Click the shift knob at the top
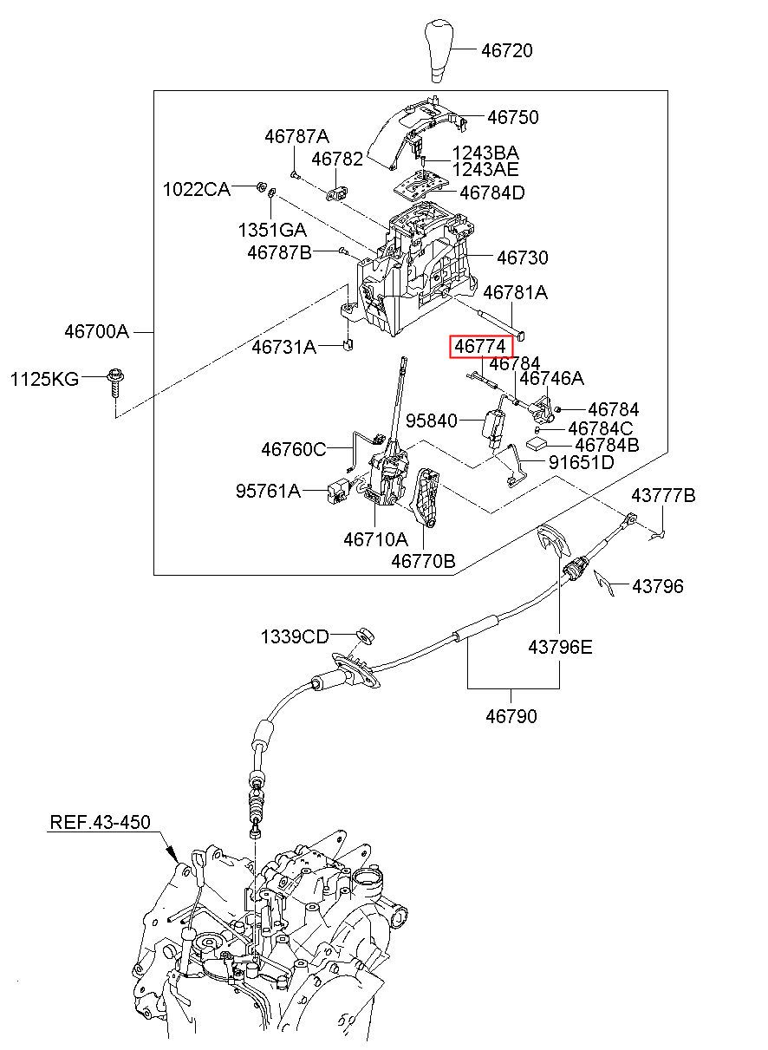[x=437, y=50]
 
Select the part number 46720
[x=507, y=50]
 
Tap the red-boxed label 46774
[x=481, y=347]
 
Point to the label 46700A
[x=96, y=332]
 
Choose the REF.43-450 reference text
[x=101, y=822]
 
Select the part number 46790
[x=511, y=716]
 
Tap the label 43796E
[x=560, y=648]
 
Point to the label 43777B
[x=663, y=495]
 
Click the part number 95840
[x=431, y=421]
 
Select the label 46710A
[x=376, y=539]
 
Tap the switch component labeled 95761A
[x=337, y=491]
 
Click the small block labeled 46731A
[x=348, y=344]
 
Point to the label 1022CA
[x=197, y=189]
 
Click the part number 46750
[x=513, y=117]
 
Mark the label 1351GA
[x=272, y=230]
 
